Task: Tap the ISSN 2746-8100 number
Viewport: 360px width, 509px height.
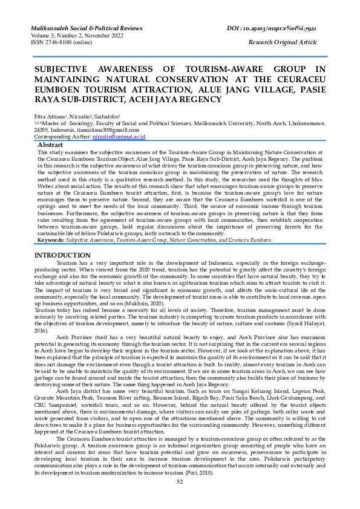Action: (x=58, y=42)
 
